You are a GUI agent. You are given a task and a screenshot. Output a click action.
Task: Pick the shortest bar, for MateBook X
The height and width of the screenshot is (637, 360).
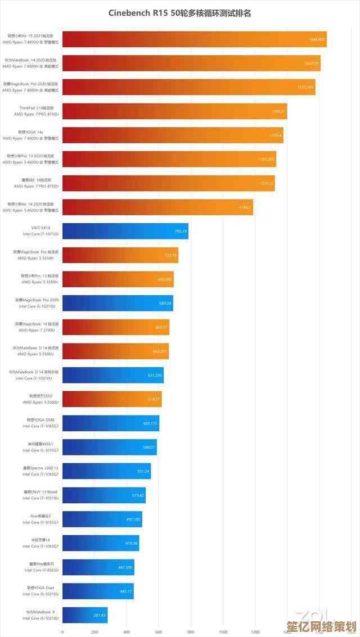click(x=84, y=615)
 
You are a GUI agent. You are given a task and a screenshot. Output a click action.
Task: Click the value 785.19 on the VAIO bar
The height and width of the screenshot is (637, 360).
click(x=181, y=231)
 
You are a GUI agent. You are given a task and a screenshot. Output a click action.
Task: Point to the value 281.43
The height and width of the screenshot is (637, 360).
click(x=100, y=615)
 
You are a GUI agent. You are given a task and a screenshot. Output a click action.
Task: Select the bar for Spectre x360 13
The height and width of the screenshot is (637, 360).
click(x=106, y=471)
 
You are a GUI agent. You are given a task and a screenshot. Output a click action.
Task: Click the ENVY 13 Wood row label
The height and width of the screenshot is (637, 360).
click(x=40, y=495)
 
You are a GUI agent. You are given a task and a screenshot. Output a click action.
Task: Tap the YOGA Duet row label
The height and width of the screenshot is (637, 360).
click(x=40, y=590)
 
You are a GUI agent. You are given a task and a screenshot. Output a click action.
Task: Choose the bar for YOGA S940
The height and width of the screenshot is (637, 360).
click(x=110, y=423)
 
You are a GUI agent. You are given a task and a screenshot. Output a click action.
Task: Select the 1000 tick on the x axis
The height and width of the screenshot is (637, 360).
click(x=223, y=632)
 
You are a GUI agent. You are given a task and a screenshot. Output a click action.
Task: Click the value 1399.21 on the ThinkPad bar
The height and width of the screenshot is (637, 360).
click(x=278, y=111)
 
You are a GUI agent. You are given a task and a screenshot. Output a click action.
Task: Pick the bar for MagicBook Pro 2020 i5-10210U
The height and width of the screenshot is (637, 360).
click(x=118, y=303)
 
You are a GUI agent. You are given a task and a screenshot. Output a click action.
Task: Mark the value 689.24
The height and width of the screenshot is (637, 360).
click(x=165, y=303)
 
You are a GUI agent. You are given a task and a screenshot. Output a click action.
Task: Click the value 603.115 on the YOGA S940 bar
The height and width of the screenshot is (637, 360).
click(x=150, y=423)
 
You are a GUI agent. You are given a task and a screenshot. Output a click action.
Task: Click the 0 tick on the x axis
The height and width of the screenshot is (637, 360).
click(x=62, y=632)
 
